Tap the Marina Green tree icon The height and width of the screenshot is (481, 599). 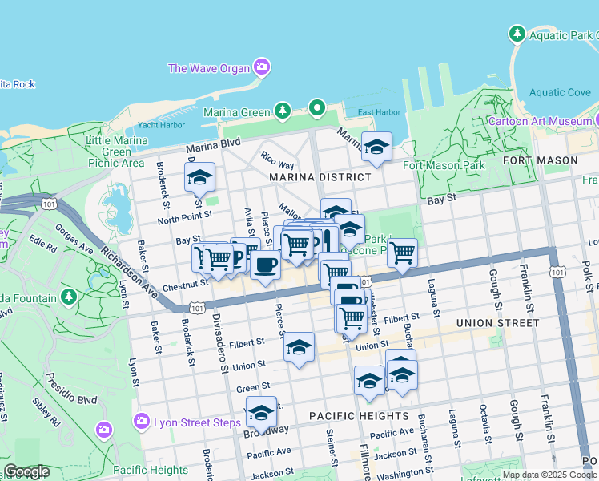(282, 111)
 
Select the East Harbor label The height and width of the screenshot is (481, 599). (378, 112)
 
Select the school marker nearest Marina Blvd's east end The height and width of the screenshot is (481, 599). (376, 147)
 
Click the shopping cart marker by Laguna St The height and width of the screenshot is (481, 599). (402, 253)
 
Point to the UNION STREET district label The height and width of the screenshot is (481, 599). (496, 323)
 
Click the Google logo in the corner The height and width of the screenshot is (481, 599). (26, 471)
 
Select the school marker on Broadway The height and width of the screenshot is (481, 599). (261, 412)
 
